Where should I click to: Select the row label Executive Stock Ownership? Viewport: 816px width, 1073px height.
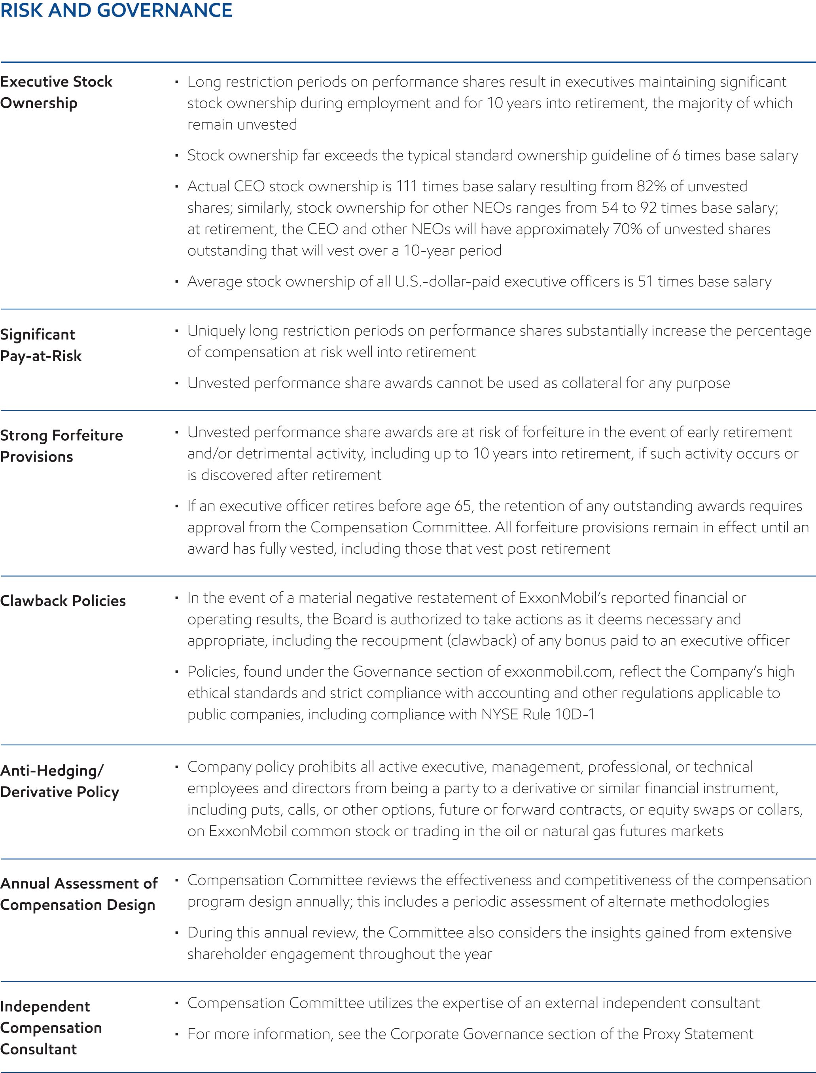[x=56, y=92]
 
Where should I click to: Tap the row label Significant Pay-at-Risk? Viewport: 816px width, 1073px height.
[x=41, y=345]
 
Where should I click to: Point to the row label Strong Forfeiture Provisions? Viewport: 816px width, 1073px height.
[x=61, y=445]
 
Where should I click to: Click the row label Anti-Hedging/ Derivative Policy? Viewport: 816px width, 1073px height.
[x=59, y=781]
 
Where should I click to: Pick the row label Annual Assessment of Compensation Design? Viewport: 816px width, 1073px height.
[x=79, y=894]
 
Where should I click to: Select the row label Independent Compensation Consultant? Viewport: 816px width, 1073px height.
[x=51, y=1028]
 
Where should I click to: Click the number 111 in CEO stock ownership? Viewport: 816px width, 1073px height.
[x=407, y=187]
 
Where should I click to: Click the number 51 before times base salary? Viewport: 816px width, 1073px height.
[x=645, y=281]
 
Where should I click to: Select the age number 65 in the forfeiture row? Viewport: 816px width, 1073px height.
[x=463, y=506]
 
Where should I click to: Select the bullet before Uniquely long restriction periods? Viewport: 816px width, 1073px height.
[x=177, y=331]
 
